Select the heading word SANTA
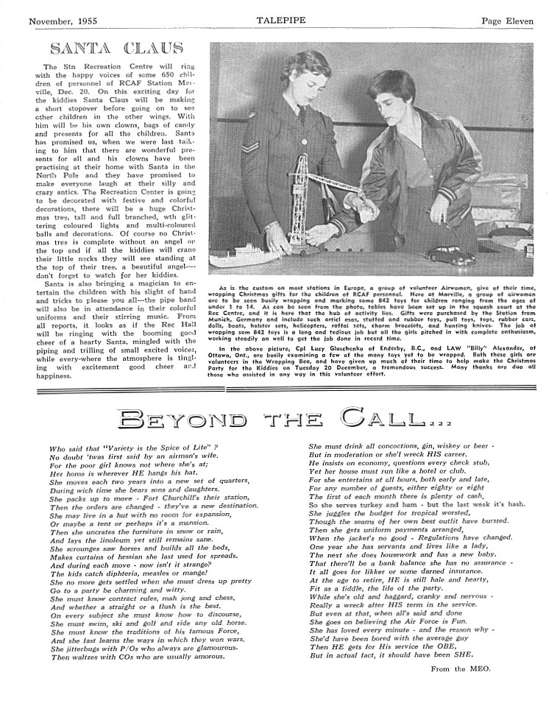[80, 49]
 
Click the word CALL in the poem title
[376, 421]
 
